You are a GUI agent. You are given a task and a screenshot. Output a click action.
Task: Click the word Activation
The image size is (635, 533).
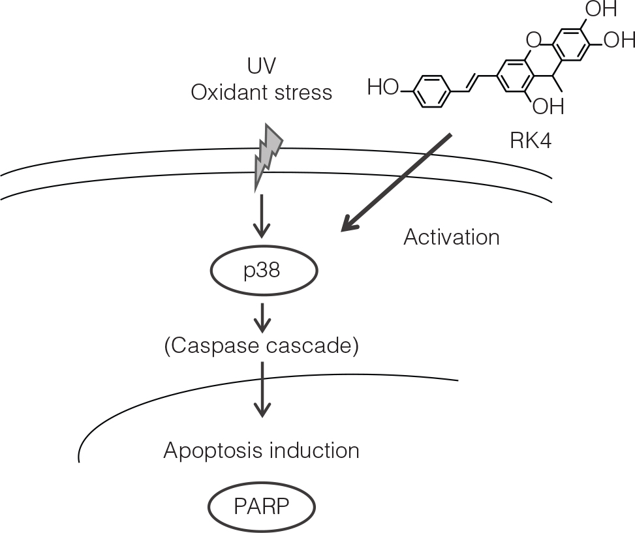(452, 237)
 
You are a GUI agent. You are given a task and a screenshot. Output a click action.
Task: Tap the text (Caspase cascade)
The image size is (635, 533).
(262, 346)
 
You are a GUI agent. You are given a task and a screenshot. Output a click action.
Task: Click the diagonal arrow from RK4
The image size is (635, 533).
(396, 182)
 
